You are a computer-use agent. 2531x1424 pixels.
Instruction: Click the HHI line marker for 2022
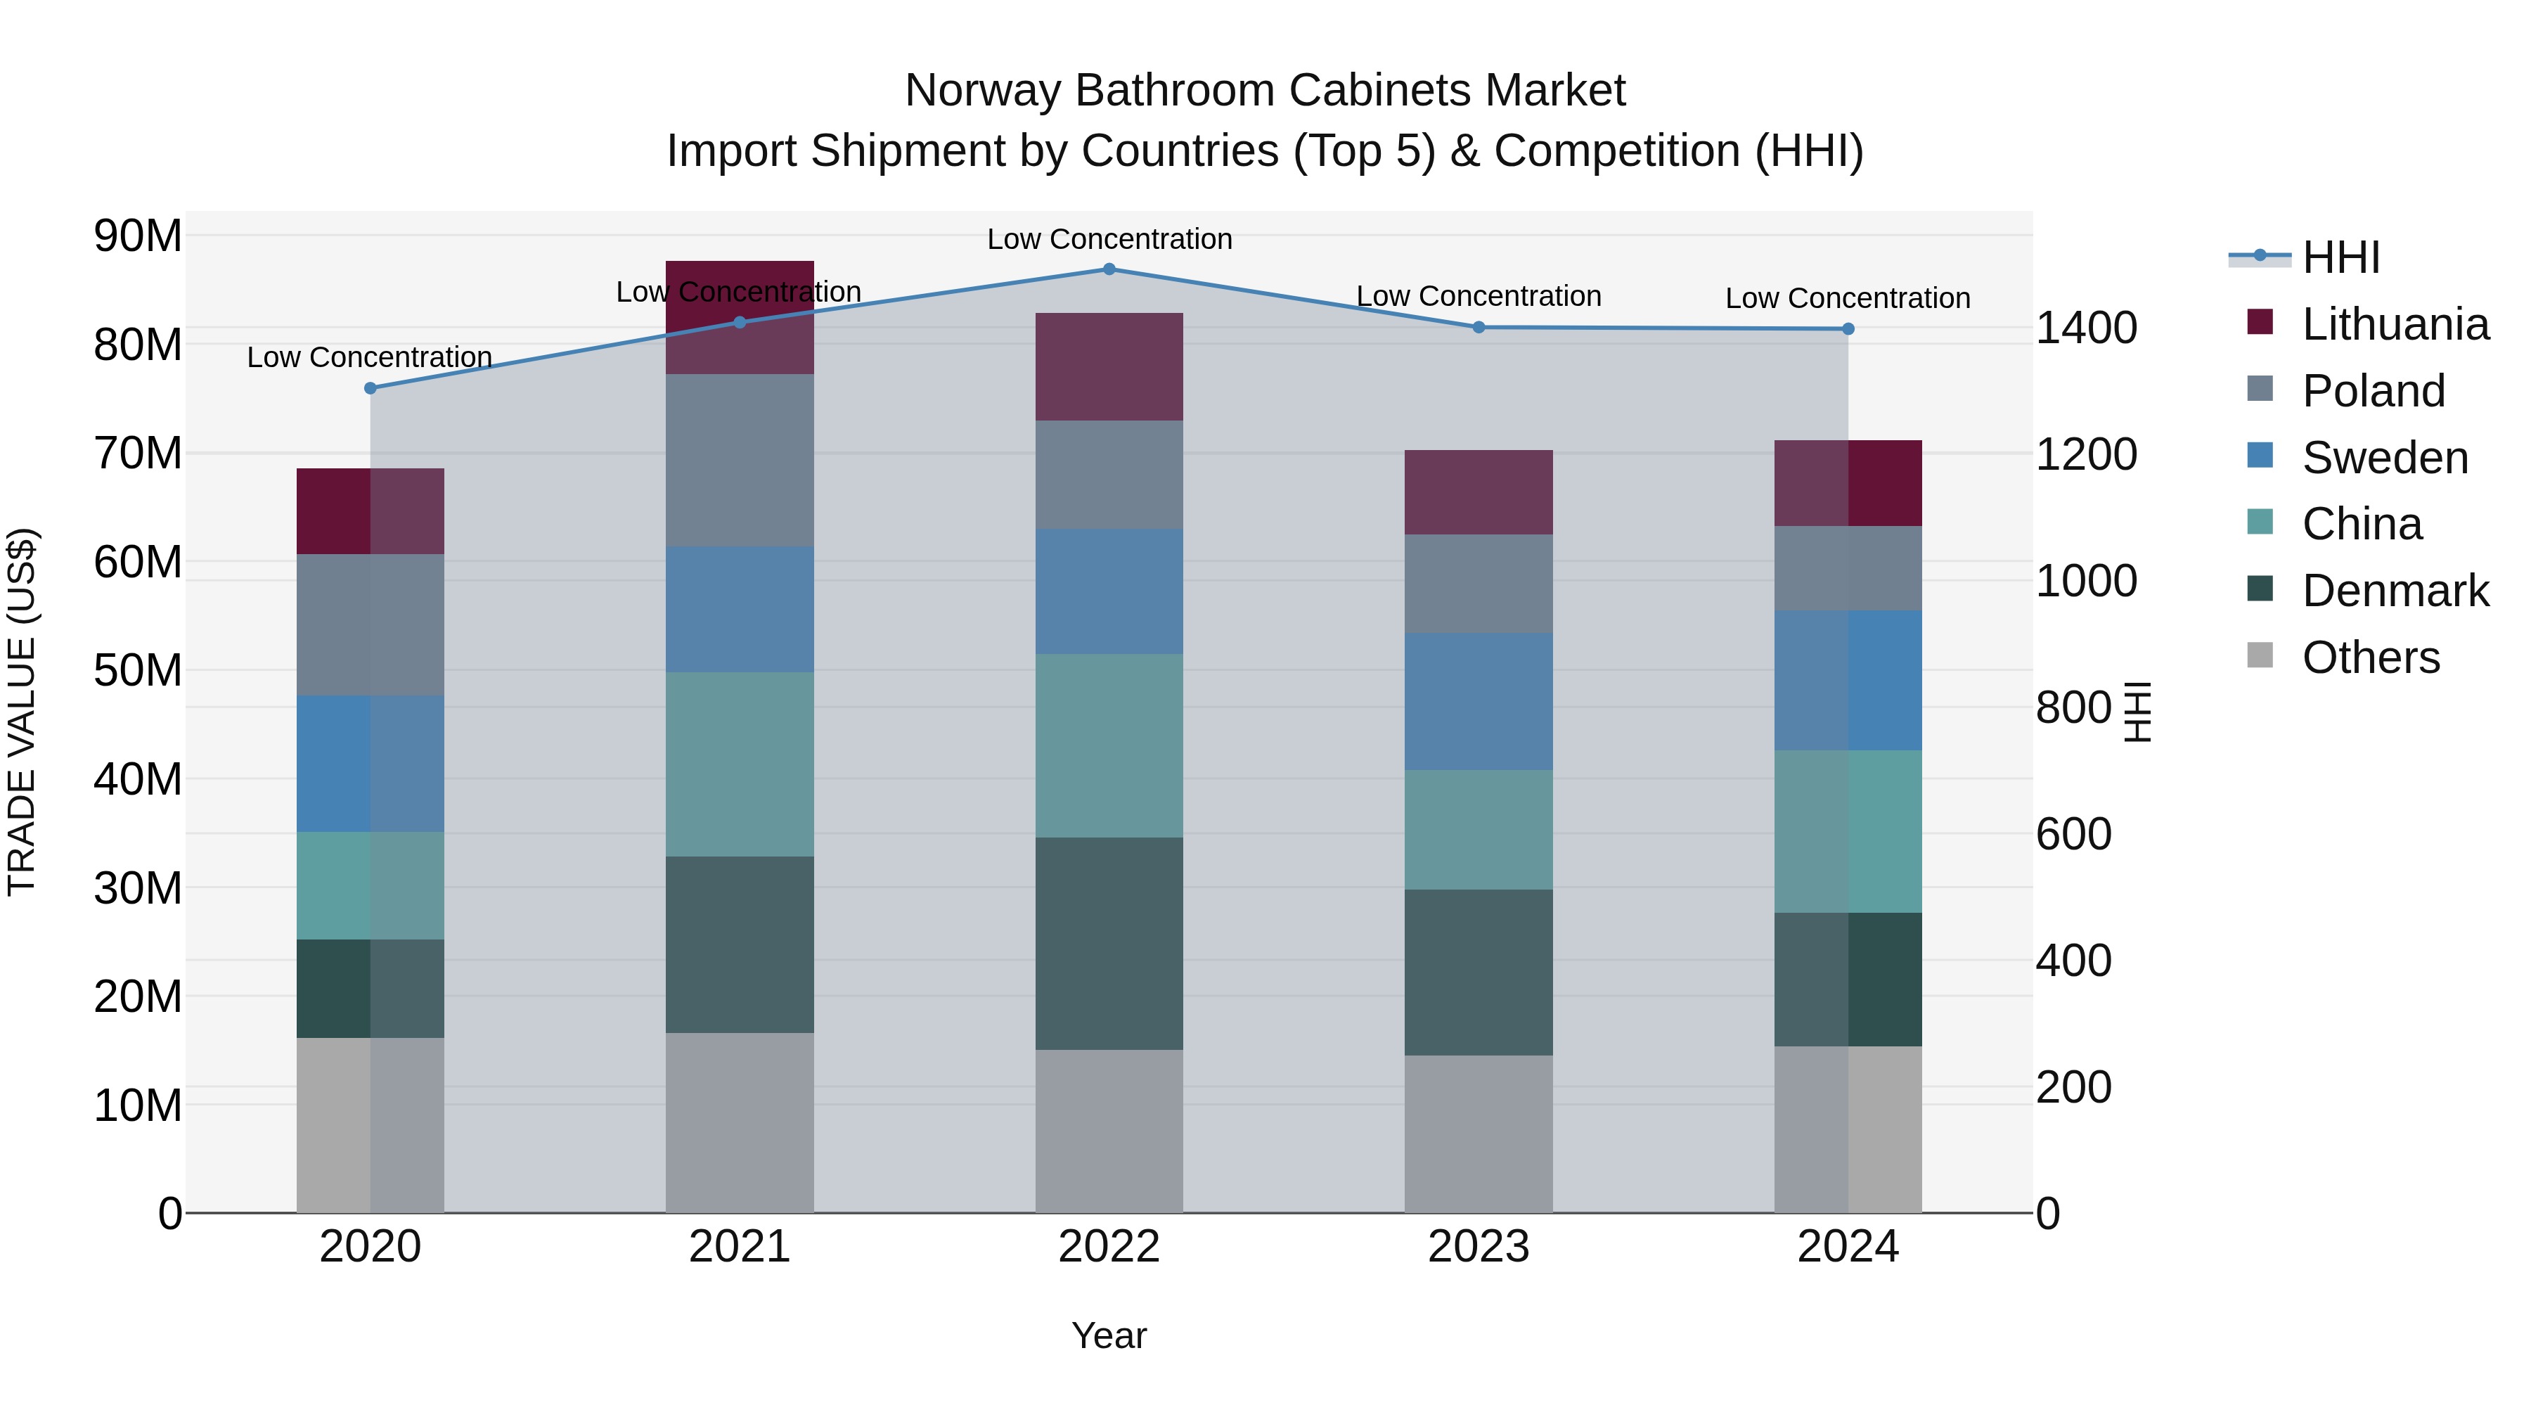[x=1109, y=269]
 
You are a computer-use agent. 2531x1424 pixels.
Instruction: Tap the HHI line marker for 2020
[x=371, y=388]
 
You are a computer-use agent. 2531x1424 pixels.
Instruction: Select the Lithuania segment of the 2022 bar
[x=1109, y=366]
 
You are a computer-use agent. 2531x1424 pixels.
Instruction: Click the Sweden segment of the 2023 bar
[x=1479, y=702]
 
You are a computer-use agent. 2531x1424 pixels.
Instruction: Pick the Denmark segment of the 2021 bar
[x=740, y=944]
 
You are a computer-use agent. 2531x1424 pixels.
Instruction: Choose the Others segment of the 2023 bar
[x=1479, y=1134]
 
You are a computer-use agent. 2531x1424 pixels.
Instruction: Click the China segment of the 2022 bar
[x=1109, y=746]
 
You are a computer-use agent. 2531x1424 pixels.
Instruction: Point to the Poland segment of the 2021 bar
[x=740, y=460]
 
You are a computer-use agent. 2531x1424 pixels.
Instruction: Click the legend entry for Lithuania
[x=2395, y=324]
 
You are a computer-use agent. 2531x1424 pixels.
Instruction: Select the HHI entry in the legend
[x=2340, y=257]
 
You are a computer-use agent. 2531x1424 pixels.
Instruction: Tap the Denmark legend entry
[x=2395, y=591]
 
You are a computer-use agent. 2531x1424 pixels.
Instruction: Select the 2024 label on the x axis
[x=1847, y=1247]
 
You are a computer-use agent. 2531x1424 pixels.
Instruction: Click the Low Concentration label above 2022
[x=1109, y=239]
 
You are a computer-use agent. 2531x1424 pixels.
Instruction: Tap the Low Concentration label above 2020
[x=369, y=357]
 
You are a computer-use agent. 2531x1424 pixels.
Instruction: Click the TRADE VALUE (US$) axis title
[x=22, y=712]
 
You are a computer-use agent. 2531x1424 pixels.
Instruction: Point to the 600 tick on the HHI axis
[x=2073, y=833]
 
